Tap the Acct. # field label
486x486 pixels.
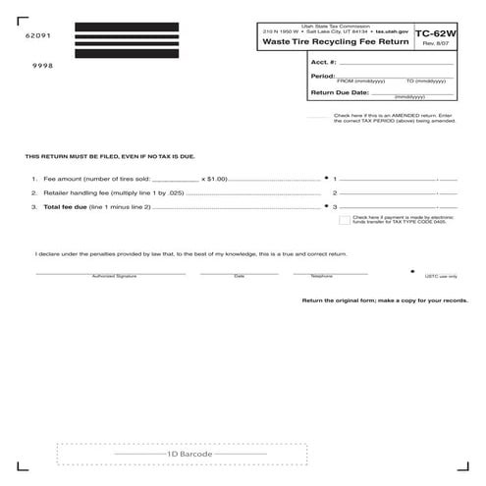click(325, 61)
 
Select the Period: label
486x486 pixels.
click(323, 76)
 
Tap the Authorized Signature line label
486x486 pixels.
click(114, 276)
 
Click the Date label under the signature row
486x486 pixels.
click(240, 276)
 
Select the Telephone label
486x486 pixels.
click(322, 276)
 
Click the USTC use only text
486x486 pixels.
click(438, 277)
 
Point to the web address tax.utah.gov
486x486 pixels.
click(391, 31)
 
